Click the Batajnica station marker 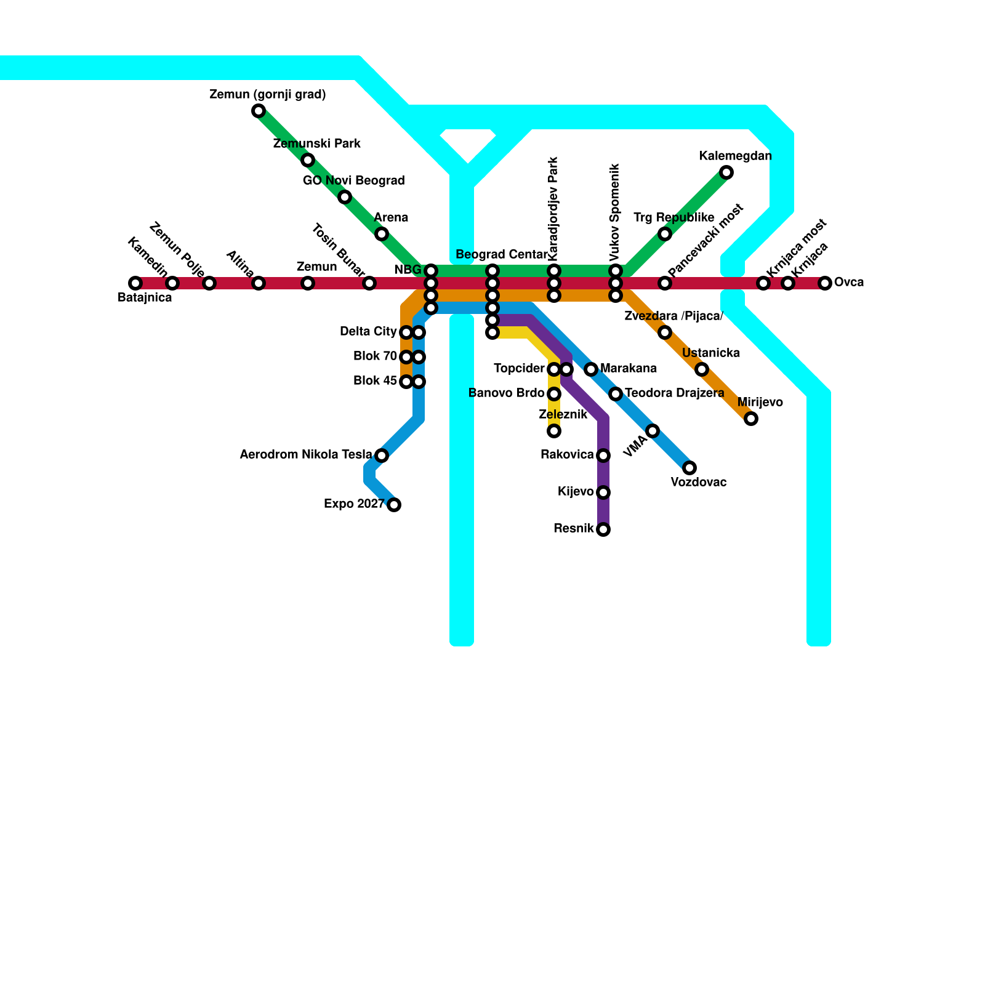(x=135, y=283)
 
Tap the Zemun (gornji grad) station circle (x=259, y=111)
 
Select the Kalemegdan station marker (x=726, y=172)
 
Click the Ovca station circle (x=825, y=283)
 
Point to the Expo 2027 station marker (x=394, y=505)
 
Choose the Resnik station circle (x=603, y=529)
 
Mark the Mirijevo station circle (x=751, y=419)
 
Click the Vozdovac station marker (x=689, y=468)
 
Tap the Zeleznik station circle (x=554, y=431)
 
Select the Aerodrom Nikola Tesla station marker (x=382, y=456)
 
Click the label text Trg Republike (x=673, y=218)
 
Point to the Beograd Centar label (x=501, y=255)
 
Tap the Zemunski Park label (x=316, y=144)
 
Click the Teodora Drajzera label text (x=674, y=393)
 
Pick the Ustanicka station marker (x=702, y=369)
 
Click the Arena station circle (x=382, y=234)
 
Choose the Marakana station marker (x=591, y=369)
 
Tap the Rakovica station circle (x=603, y=456)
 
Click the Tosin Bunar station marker (x=369, y=283)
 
